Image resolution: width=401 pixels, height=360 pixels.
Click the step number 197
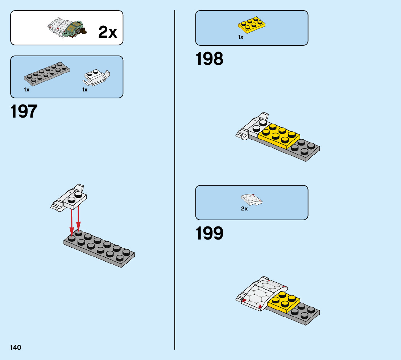click(x=24, y=111)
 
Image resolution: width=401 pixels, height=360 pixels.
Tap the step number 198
click(x=210, y=59)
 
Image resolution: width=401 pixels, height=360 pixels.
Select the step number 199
click(x=210, y=234)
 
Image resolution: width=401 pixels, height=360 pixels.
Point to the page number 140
click(x=16, y=348)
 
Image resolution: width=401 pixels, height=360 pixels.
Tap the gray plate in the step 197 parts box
click(x=47, y=72)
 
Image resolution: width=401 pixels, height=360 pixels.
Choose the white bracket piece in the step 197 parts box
click(x=96, y=77)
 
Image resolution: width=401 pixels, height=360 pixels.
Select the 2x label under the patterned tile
click(x=244, y=209)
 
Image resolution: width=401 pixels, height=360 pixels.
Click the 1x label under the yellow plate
click(x=241, y=37)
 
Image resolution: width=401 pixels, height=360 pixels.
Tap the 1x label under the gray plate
click(x=27, y=90)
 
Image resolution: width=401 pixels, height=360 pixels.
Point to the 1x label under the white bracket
click(x=85, y=90)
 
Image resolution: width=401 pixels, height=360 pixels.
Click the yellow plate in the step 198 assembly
click(x=279, y=135)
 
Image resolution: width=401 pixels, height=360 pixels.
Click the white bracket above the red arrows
click(x=71, y=198)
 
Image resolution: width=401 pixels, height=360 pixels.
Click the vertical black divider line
click(x=175, y=181)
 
